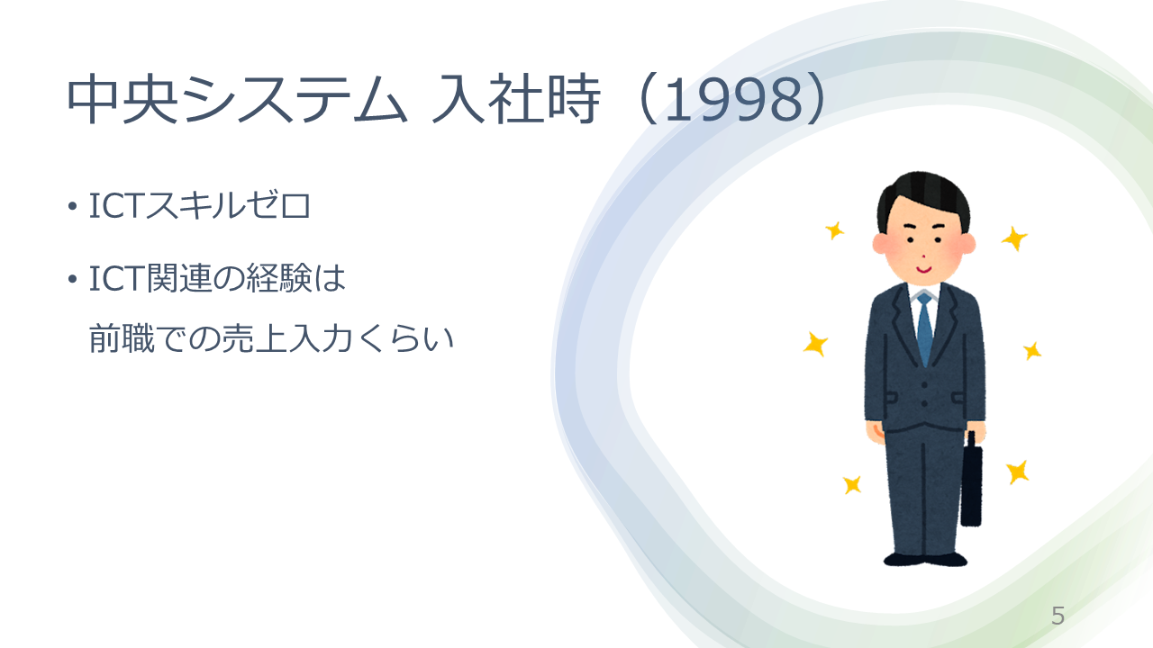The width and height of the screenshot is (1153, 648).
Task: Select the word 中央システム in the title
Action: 237,99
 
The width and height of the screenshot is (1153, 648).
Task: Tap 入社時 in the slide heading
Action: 516,99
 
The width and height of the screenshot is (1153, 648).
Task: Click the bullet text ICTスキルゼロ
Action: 200,206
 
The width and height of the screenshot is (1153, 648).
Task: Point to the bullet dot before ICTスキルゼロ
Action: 72,207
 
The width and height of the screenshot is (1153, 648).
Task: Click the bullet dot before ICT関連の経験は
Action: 72,280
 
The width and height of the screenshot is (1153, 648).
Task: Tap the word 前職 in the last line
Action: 122,339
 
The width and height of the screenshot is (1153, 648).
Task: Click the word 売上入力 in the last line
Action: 287,339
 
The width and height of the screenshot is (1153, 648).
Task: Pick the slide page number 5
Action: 1058,616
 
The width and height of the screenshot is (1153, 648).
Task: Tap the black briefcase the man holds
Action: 971,483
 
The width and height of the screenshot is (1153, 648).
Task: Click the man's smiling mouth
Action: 924,269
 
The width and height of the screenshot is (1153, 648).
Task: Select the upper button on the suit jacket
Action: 924,384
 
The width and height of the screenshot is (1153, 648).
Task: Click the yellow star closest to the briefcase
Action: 1018,472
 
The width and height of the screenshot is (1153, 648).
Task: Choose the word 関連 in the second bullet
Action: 179,279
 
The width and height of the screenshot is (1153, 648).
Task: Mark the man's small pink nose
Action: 924,256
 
